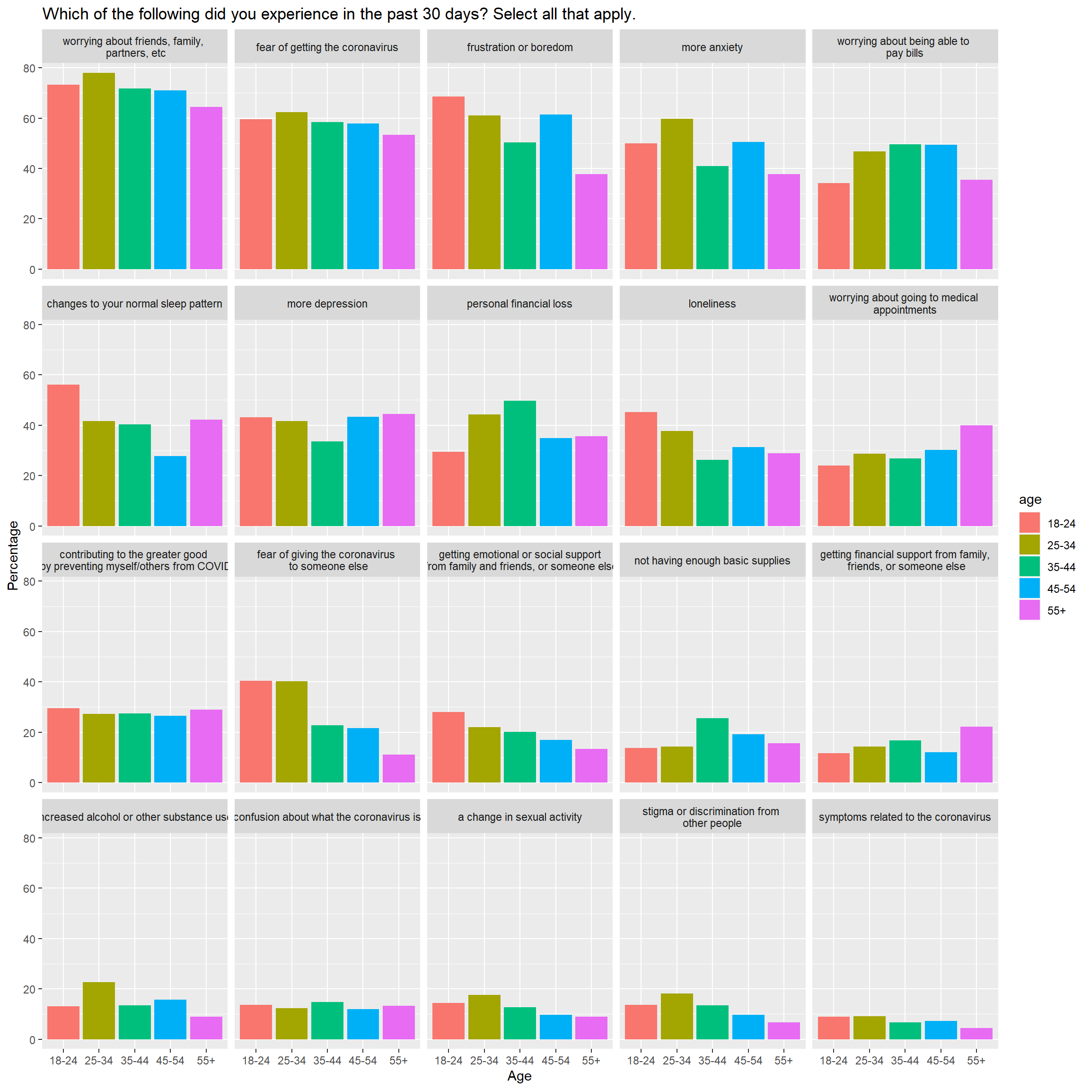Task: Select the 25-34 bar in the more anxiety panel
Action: pyautogui.click(x=677, y=194)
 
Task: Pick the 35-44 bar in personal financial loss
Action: pyautogui.click(x=519, y=463)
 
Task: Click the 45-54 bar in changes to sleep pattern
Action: pyautogui.click(x=170, y=491)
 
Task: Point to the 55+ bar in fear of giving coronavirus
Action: pyautogui.click(x=398, y=768)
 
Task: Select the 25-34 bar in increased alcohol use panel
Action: pyautogui.click(x=99, y=1011)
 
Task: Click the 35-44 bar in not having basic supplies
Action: pyautogui.click(x=712, y=750)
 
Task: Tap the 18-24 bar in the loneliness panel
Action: pyautogui.click(x=641, y=469)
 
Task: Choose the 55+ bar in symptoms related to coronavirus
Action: pyautogui.click(x=976, y=1034)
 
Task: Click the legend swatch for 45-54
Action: pyautogui.click(x=1029, y=589)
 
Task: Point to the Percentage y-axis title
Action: pyautogui.click(x=13, y=556)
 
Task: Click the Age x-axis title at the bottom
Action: pyautogui.click(x=519, y=1076)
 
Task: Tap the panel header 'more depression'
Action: pyautogui.click(x=327, y=304)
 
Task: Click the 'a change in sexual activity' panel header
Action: pyautogui.click(x=519, y=817)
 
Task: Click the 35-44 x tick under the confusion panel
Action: pyautogui.click(x=327, y=1061)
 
